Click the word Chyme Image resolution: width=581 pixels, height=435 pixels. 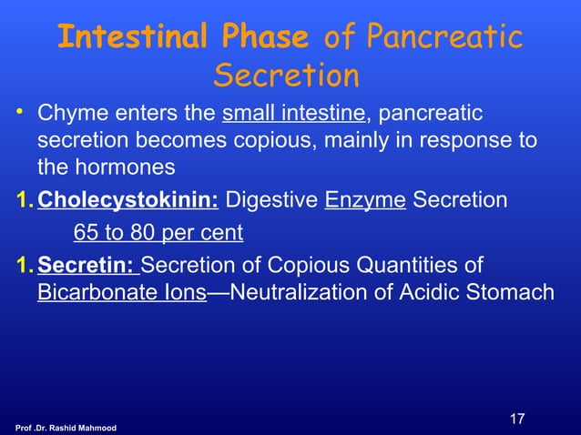(66, 116)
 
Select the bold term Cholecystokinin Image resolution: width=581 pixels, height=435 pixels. (127, 200)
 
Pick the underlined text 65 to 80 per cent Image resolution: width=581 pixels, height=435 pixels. (158, 233)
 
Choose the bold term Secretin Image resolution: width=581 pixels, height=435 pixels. (88, 266)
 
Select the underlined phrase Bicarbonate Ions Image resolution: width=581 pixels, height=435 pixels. (121, 293)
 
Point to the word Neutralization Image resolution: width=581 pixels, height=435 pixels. (295, 293)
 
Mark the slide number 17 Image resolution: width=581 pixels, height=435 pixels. (516, 419)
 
